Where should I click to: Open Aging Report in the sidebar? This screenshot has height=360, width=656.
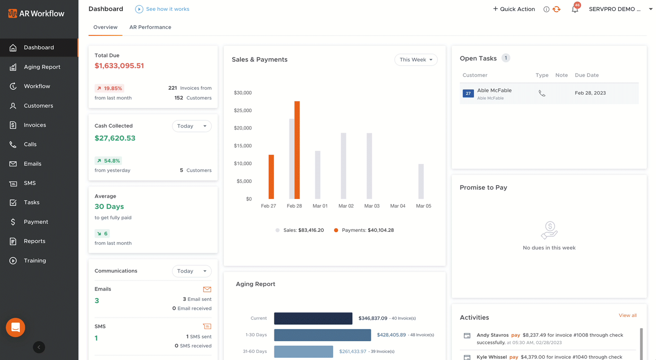pos(42,67)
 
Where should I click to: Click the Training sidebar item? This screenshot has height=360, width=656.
pos(35,260)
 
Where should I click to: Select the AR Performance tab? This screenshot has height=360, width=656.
pos(150,27)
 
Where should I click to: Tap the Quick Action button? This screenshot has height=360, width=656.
pos(514,9)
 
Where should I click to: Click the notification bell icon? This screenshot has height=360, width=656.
pos(575,9)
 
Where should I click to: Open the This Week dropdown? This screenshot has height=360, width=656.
pos(416,60)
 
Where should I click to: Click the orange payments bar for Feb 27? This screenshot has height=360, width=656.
pos(271,177)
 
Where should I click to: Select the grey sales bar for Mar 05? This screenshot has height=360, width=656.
pos(421,181)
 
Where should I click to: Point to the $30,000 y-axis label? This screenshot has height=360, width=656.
pos(243,93)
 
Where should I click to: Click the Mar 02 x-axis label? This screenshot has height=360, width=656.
pos(346,206)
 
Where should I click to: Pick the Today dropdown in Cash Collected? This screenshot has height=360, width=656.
pos(191,126)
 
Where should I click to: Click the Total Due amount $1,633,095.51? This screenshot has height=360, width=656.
pos(119,66)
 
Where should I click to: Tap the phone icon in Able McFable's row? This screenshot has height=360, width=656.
pos(542,93)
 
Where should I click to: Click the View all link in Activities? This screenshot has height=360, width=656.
pos(627,315)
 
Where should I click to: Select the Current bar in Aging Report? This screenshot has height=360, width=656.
pos(313,318)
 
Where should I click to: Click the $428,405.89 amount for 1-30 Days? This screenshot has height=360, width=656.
pos(391,335)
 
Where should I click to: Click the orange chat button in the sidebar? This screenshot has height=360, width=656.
pos(15,327)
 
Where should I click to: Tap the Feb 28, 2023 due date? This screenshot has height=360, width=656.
pos(590,93)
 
